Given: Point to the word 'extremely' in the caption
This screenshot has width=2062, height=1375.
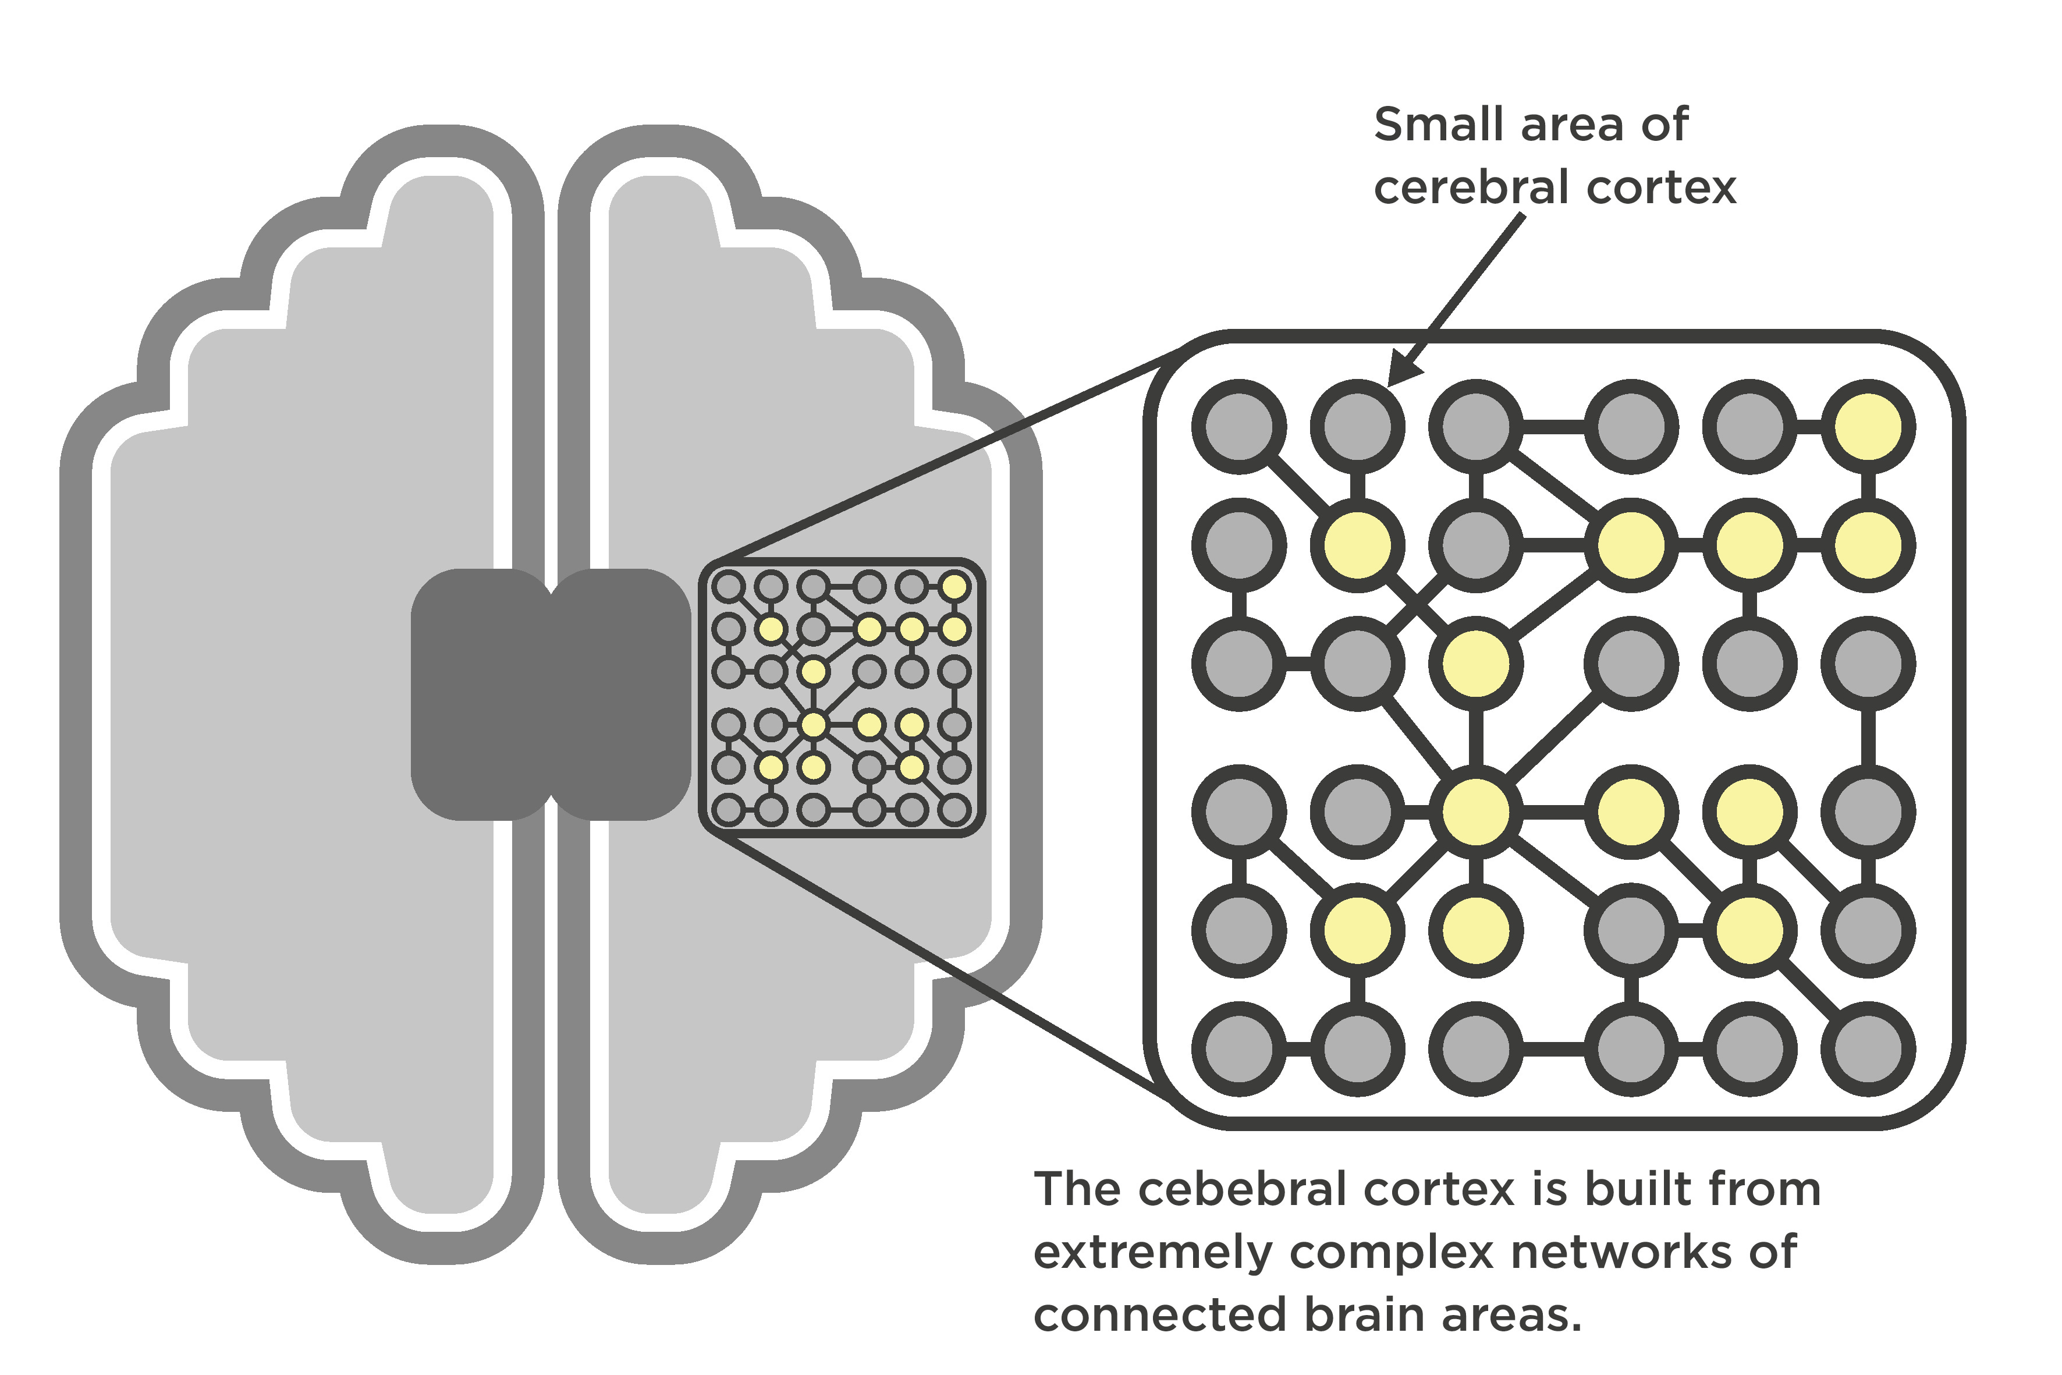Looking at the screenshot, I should (x=1152, y=1252).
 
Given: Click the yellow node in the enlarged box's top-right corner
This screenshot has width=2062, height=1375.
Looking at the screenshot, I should (x=1868, y=427).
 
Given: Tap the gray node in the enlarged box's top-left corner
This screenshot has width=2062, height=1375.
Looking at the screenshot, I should (x=1239, y=427).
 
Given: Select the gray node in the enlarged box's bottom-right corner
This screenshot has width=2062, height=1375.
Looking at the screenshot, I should (x=1868, y=1049).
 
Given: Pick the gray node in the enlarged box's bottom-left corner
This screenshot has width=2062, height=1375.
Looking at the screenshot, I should (x=1239, y=1049).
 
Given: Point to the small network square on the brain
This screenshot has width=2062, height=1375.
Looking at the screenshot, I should (x=842, y=697).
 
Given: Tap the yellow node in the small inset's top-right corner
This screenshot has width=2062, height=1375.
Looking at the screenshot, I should (x=954, y=586).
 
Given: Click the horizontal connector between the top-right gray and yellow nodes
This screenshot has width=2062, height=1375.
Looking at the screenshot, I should (x=1809, y=427).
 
